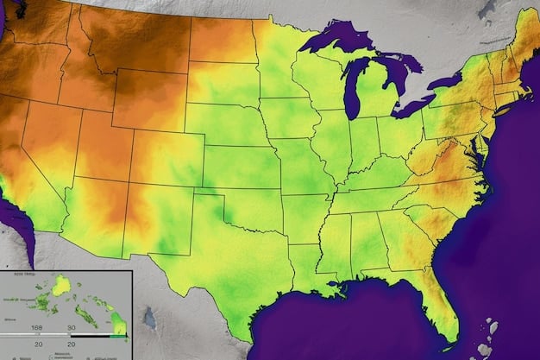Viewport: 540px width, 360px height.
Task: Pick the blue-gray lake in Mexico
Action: pos(149,319)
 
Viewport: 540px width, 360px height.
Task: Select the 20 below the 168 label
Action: pos(37,343)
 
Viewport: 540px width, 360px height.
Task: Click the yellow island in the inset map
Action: pos(61,286)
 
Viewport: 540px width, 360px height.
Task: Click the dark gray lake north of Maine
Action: pos(487,9)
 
